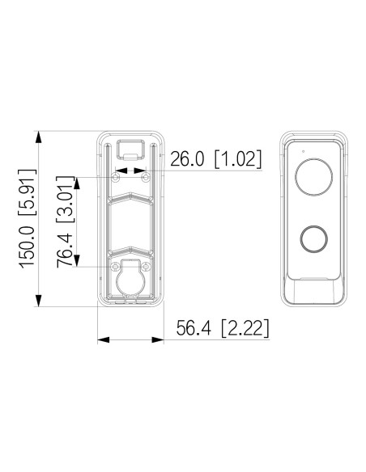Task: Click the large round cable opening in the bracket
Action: [x=130, y=283]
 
